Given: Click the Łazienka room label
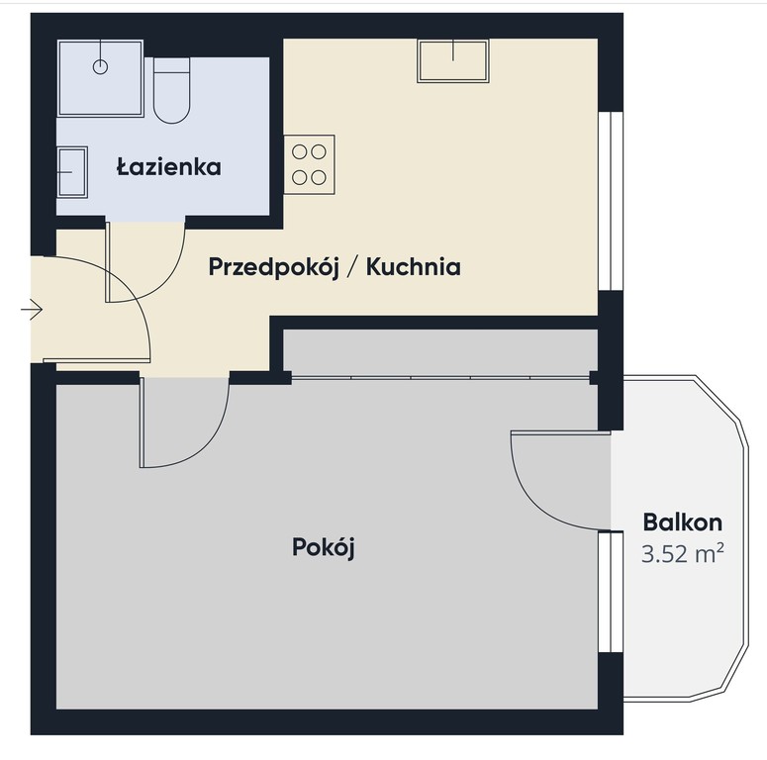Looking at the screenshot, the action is [x=169, y=167].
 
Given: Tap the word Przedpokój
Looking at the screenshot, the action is [x=273, y=267].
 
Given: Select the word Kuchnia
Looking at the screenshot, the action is [x=414, y=267].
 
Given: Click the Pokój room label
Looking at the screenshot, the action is [x=324, y=547].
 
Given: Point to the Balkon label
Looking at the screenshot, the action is [x=682, y=522].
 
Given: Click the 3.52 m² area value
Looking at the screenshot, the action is [x=682, y=554].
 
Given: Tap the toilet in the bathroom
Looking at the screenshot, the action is [x=171, y=90].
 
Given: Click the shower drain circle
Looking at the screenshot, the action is [x=100, y=66].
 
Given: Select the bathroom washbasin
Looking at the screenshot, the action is [x=72, y=172].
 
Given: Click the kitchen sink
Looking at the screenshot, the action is [x=453, y=60].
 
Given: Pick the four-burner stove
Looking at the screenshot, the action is [x=309, y=164].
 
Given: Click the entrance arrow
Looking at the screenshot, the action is [x=32, y=310].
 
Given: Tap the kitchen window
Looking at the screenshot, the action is [x=611, y=201].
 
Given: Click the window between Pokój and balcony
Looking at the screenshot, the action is [x=611, y=592].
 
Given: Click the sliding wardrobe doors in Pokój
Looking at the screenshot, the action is [x=440, y=378].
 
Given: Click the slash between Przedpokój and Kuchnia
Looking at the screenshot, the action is [x=352, y=267].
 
